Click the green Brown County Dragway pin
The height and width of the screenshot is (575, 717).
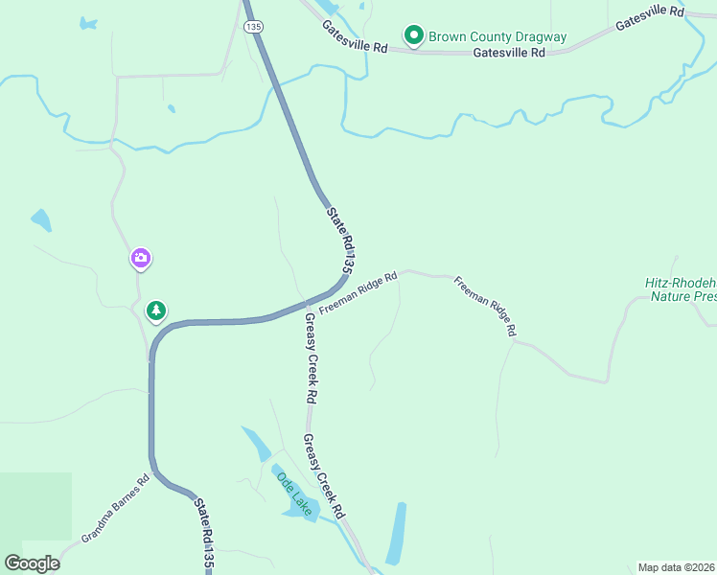point(414,36)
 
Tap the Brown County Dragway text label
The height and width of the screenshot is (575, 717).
point(497,37)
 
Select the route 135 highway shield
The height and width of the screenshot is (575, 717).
point(252,28)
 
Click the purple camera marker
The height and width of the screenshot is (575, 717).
point(141,258)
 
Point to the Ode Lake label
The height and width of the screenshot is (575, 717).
point(294,494)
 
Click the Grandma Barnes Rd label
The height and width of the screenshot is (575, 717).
point(115,509)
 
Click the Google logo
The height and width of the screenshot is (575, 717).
point(33,563)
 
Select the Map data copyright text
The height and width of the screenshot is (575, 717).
point(676,567)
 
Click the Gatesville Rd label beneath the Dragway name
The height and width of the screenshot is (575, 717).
point(509,54)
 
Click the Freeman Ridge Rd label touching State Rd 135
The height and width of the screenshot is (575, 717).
point(358,293)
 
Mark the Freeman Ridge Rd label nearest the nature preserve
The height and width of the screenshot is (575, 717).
point(485,306)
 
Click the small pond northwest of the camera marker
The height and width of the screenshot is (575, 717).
point(41,221)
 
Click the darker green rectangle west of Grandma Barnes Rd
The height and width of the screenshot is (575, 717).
point(35,506)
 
